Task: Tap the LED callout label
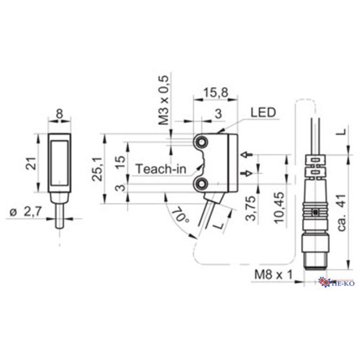point(261,113)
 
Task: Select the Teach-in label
point(161,169)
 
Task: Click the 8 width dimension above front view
point(59,113)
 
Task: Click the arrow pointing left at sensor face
point(246,155)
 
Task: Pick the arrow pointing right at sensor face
point(246,173)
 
